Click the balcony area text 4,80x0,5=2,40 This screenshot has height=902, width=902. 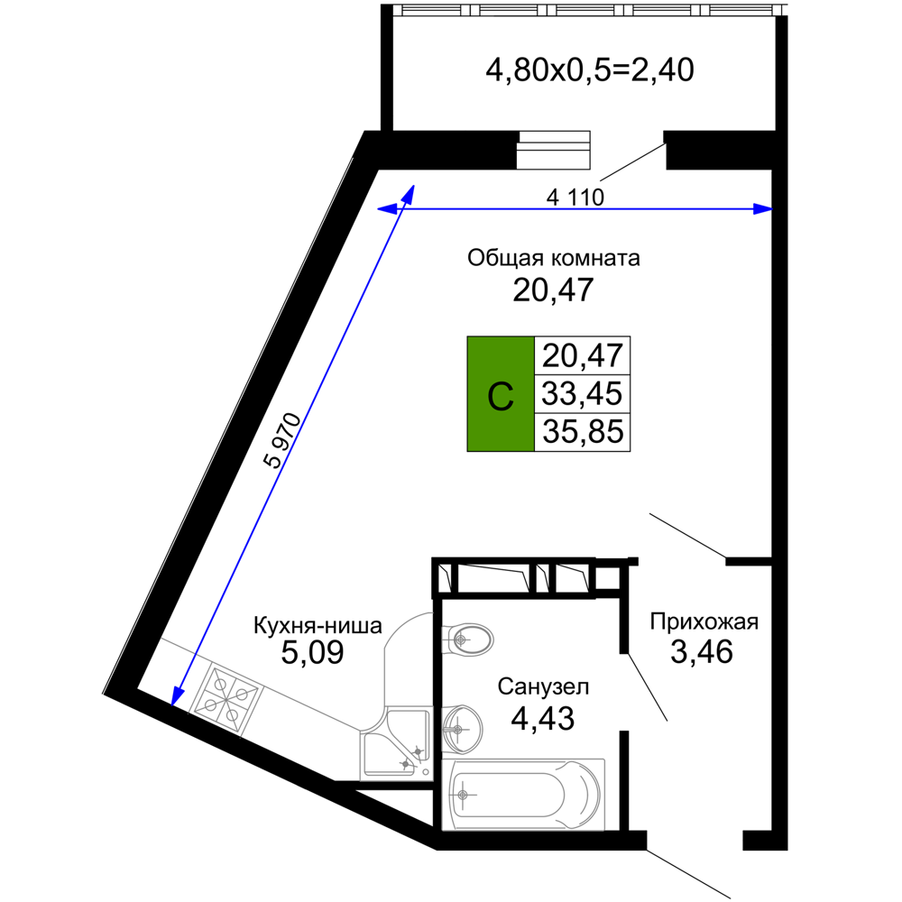[590, 70]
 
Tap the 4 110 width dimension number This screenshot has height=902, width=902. [575, 198]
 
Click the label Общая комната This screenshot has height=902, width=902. [554, 258]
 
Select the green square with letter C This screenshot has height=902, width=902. [501, 394]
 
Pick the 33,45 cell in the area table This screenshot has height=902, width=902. [582, 394]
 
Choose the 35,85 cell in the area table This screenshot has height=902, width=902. [582, 432]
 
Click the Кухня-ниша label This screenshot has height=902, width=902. [318, 625]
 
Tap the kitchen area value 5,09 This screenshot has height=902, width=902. [312, 652]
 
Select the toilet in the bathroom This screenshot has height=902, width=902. [467, 639]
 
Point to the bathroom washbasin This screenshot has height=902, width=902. [462, 730]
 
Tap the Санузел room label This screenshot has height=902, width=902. [543, 686]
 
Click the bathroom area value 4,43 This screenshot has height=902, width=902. [542, 718]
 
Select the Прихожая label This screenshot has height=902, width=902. [704, 622]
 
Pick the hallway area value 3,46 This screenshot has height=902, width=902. [701, 652]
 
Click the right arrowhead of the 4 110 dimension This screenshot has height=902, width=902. [763, 209]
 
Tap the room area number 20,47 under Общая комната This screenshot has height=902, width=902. [553, 290]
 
